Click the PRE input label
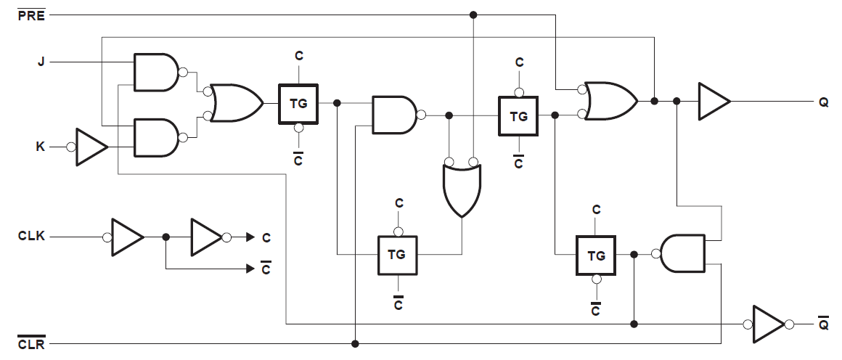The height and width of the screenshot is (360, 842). point(31,15)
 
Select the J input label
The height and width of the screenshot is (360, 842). point(41,62)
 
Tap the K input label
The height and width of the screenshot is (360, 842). point(41,147)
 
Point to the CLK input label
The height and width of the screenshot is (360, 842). point(31,237)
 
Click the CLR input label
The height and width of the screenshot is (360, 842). point(31,344)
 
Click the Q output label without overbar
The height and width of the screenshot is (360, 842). point(824,102)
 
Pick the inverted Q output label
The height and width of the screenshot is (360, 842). point(824,324)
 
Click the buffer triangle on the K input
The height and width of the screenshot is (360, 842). point(91,147)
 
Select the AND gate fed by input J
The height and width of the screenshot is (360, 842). point(156,72)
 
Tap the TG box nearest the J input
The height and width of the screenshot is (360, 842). point(298,103)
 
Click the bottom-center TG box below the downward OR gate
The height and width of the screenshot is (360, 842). point(396,255)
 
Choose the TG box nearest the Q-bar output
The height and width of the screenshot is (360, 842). point(596,255)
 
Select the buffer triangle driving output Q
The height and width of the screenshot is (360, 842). point(714,101)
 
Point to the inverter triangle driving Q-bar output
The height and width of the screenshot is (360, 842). point(768,324)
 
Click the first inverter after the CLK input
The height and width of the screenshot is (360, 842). point(127,237)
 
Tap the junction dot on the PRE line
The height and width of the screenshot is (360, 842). point(473,15)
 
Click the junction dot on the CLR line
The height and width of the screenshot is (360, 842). point(355,343)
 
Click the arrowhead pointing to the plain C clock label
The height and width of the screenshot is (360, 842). point(250,237)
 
